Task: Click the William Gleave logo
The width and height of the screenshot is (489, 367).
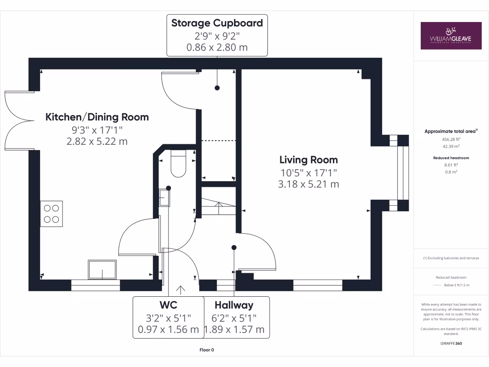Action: pyautogui.click(x=451, y=35)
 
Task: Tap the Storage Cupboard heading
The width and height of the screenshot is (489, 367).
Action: pyautogui.click(x=217, y=23)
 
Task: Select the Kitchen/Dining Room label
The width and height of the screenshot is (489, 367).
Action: pyautogui.click(x=97, y=117)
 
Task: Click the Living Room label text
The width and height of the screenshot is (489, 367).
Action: pyautogui.click(x=308, y=160)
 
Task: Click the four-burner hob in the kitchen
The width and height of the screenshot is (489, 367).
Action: pyautogui.click(x=52, y=214)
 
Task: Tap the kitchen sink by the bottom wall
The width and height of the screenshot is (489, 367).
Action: pyautogui.click(x=102, y=270)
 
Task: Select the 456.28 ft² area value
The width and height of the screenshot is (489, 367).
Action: pyautogui.click(x=451, y=139)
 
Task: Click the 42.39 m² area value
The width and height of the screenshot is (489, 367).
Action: pyautogui.click(x=451, y=147)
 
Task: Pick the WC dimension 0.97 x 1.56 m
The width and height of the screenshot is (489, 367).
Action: pyautogui.click(x=168, y=330)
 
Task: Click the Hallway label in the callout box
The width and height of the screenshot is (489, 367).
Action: pyautogui.click(x=234, y=305)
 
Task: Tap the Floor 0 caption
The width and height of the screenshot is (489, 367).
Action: pyautogui.click(x=207, y=350)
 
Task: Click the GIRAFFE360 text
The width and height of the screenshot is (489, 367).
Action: pyautogui.click(x=451, y=343)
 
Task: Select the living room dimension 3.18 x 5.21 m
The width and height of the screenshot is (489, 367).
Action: pyautogui.click(x=308, y=184)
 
